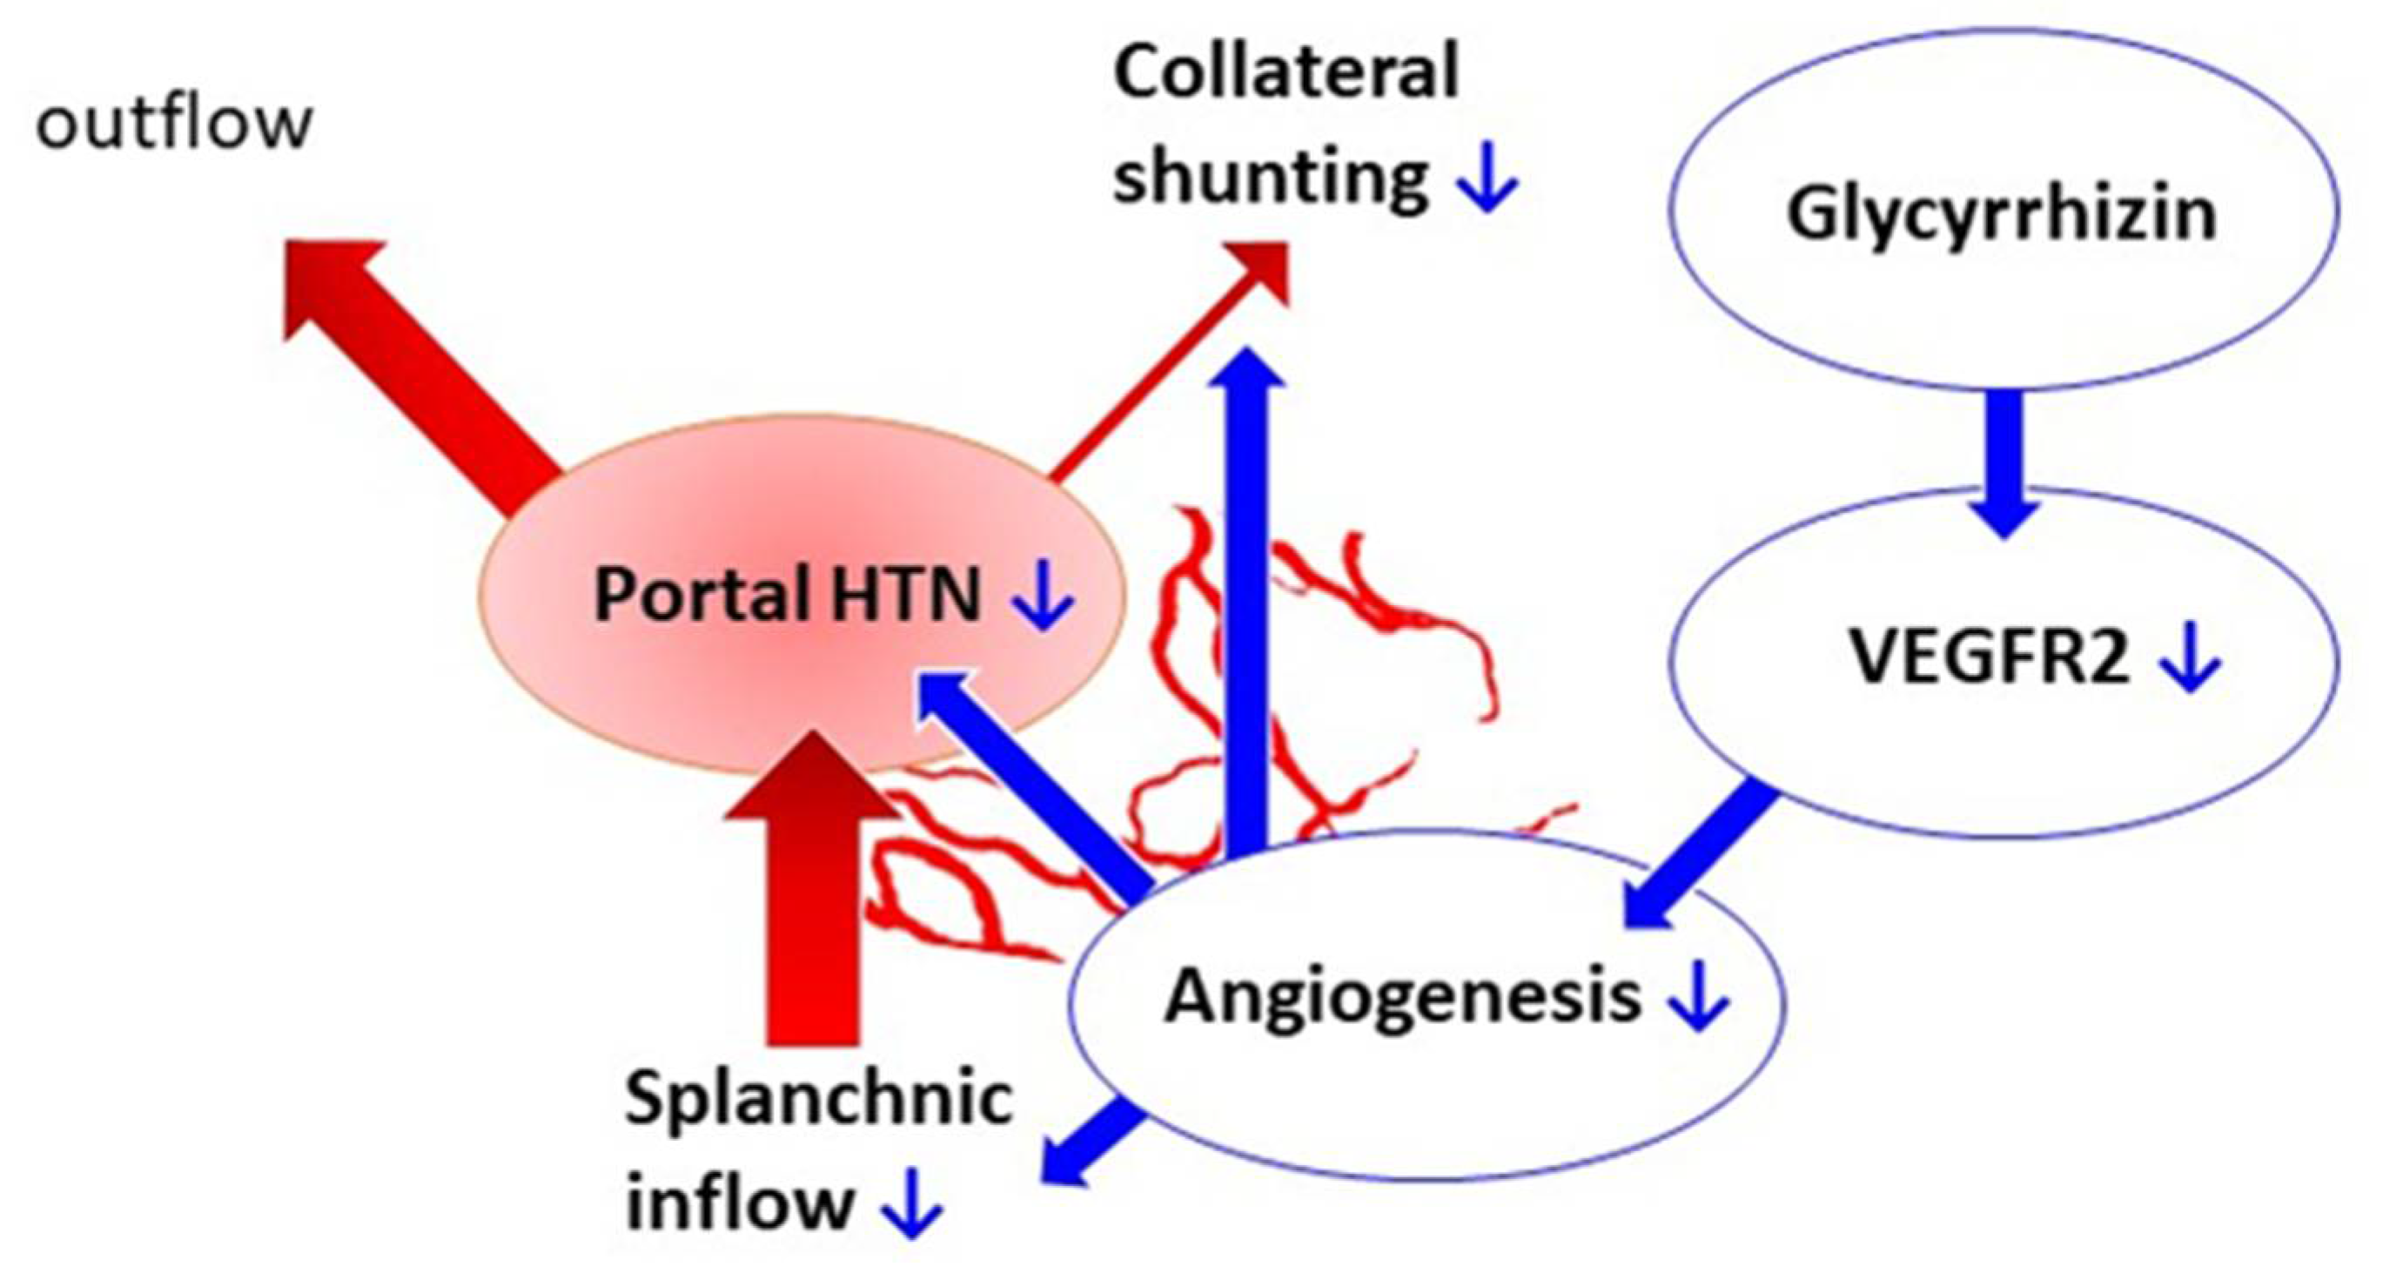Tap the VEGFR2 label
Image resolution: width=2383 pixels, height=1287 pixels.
(x=1988, y=657)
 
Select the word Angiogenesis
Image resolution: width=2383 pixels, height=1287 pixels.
(x=1401, y=996)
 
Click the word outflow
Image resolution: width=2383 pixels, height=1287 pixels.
(x=174, y=122)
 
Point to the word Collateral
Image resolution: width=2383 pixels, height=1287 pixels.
(x=1285, y=72)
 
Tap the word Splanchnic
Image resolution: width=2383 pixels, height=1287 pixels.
(x=818, y=1098)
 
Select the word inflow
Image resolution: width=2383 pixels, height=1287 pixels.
(x=739, y=1202)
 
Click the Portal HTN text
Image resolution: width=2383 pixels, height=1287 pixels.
(x=786, y=594)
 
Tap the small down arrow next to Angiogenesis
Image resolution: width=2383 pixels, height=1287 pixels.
(x=1697, y=1000)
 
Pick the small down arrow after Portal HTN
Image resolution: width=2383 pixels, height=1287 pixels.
(x=1044, y=600)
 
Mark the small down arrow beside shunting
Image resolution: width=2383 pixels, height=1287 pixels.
(x=1487, y=181)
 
